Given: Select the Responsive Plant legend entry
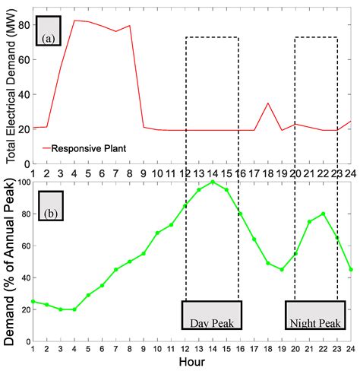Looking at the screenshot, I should coord(83,148).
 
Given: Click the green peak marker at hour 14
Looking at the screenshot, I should coord(213,182).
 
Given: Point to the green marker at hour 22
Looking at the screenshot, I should coord(324,214).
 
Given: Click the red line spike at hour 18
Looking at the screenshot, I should coord(268,103).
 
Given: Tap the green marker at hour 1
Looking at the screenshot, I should coord(33,302).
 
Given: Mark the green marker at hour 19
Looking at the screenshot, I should coord(282,269).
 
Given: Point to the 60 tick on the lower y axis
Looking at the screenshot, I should coord(23,246).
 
